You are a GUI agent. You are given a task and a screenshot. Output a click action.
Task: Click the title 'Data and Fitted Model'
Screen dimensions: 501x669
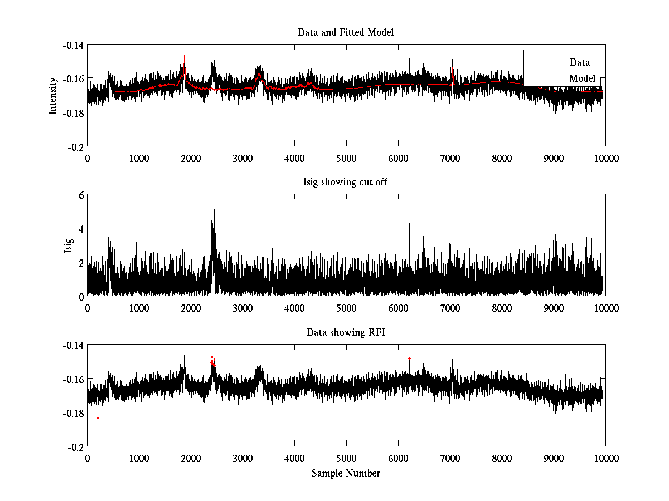coord(346,32)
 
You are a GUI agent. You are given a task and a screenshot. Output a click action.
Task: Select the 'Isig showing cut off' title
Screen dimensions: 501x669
coord(346,183)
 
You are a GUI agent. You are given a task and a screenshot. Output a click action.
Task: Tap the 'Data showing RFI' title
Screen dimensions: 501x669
coord(346,333)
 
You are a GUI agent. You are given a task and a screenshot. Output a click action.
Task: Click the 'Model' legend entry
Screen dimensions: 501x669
coord(582,78)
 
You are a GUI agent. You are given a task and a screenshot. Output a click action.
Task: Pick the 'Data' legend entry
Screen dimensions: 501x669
coord(579,62)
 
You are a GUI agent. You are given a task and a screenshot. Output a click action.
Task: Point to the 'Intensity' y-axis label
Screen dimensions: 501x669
coord(53,95)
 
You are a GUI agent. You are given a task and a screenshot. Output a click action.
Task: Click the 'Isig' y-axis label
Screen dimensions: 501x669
coord(68,245)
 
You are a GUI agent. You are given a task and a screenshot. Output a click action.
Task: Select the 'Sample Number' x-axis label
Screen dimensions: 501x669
coord(346,473)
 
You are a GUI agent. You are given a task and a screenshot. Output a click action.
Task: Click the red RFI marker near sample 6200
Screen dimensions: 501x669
coord(409,359)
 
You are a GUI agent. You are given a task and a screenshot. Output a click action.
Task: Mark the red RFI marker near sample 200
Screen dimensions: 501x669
coord(98,417)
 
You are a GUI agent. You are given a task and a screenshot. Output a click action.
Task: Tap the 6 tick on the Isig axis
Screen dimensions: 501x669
coord(80,195)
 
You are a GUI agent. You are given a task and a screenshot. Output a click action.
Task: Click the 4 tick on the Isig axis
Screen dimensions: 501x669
coord(80,229)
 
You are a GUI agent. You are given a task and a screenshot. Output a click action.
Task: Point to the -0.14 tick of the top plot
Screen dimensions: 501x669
coord(72,45)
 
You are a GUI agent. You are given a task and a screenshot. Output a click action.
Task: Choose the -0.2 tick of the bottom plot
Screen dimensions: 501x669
coord(76,447)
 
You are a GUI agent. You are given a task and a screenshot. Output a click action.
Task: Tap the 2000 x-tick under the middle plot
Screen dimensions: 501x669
coord(191,308)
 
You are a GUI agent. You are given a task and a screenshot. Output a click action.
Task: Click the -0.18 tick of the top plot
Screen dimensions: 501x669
coord(72,113)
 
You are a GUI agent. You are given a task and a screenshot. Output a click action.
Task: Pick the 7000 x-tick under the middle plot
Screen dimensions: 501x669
coord(450,308)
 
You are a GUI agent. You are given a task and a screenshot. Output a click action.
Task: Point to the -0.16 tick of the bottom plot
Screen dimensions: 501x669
coord(72,379)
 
